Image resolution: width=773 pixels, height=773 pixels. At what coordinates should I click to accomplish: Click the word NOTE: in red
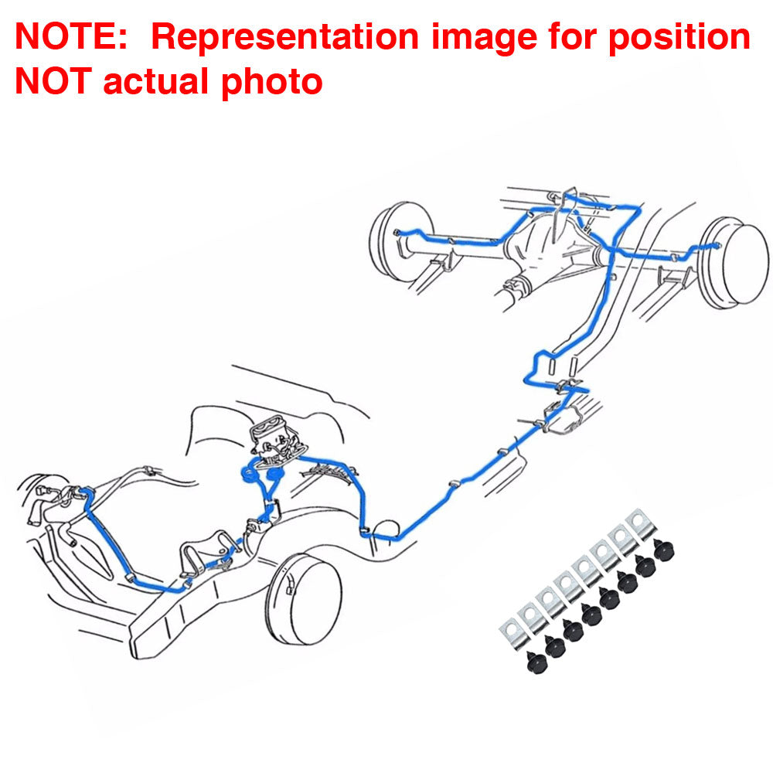click(x=71, y=36)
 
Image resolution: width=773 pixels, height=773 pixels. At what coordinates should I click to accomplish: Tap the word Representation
click(x=285, y=37)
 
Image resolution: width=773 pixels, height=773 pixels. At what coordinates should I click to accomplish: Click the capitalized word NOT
click(x=53, y=81)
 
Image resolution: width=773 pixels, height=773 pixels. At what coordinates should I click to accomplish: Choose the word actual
click(x=156, y=81)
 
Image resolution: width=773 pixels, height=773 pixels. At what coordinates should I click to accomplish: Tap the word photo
click(x=271, y=83)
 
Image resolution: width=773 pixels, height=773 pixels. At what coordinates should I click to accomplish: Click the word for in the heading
click(x=572, y=36)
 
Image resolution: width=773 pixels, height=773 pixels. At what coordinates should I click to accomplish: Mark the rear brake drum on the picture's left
click(x=400, y=240)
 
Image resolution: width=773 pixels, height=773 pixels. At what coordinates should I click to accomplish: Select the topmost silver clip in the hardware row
click(x=641, y=524)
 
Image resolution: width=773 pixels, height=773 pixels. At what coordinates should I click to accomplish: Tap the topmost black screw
click(x=663, y=550)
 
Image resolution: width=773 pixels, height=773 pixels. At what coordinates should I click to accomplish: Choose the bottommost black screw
click(x=537, y=662)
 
